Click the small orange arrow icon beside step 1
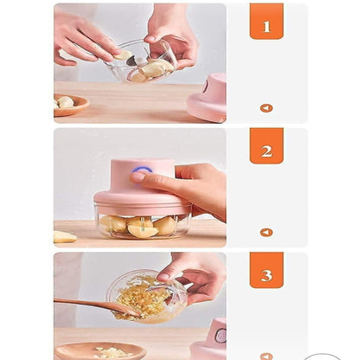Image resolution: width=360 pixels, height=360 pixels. (x=266, y=108)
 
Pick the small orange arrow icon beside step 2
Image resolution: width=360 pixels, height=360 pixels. (x=266, y=233)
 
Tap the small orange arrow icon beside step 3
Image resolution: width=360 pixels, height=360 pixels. (x=266, y=355)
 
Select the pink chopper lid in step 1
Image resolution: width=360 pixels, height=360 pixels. (x=207, y=97)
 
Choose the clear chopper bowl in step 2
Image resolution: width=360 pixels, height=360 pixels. (x=142, y=226)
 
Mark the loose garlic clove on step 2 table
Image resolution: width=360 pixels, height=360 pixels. (x=65, y=236)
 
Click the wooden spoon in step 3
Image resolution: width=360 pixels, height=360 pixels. (x=91, y=305)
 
